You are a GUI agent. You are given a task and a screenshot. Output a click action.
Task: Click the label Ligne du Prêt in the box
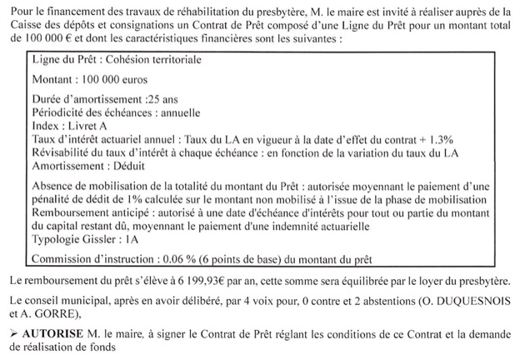(58, 61)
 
